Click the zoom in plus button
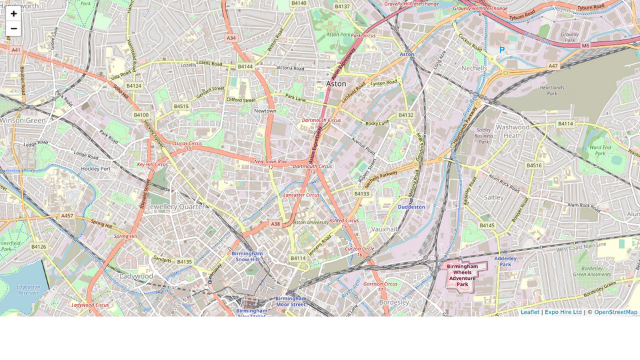[x=13, y=13]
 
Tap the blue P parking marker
[x=502, y=51]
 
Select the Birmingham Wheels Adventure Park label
[x=463, y=275]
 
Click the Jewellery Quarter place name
[x=177, y=207]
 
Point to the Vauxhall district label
[x=385, y=229]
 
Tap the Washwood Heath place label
[x=513, y=131]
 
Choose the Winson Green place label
[x=23, y=120]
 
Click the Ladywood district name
[x=136, y=275]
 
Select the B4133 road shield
[x=361, y=193]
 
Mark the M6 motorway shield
[x=585, y=45]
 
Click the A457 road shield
[x=67, y=215]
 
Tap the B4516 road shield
[x=534, y=165]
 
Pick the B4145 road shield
[x=487, y=225]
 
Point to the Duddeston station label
[x=411, y=207]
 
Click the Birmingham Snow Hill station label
[x=247, y=256]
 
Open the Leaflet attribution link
[x=530, y=312]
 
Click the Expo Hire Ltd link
[x=563, y=312]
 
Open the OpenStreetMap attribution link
[x=615, y=312]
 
